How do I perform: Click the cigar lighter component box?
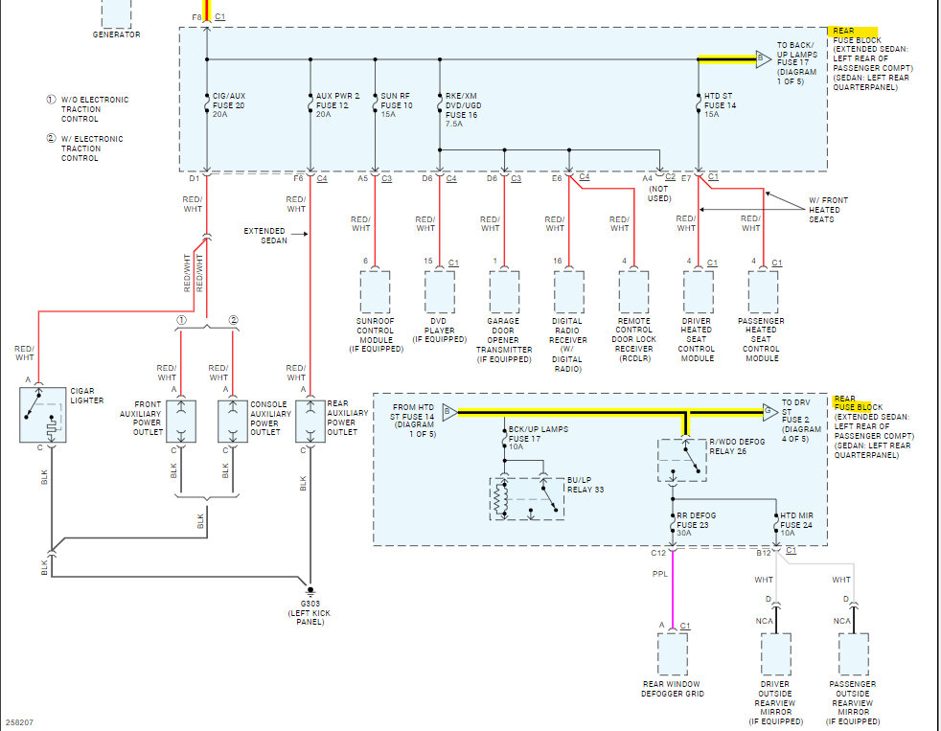click(x=42, y=415)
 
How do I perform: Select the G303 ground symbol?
click(x=310, y=590)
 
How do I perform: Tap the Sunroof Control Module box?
click(x=375, y=291)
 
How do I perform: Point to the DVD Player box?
click(x=440, y=291)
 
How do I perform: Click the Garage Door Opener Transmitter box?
click(x=505, y=291)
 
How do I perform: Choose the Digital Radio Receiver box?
click(x=569, y=291)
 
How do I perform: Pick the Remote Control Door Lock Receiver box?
click(x=633, y=291)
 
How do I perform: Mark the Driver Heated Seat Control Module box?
click(x=699, y=291)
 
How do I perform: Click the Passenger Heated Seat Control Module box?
click(x=764, y=291)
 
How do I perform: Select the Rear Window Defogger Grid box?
click(x=673, y=654)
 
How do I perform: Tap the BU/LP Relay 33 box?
click(x=527, y=499)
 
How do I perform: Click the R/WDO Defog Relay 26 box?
click(x=681, y=460)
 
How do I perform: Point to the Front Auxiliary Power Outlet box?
click(x=181, y=422)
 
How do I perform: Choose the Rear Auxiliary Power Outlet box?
click(x=310, y=422)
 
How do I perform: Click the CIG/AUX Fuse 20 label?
click(x=229, y=105)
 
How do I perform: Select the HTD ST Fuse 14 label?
click(x=719, y=105)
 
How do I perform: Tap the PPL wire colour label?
click(x=660, y=574)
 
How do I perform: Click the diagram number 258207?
click(x=19, y=722)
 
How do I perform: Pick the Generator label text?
click(x=116, y=34)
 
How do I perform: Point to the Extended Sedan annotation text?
click(x=265, y=236)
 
